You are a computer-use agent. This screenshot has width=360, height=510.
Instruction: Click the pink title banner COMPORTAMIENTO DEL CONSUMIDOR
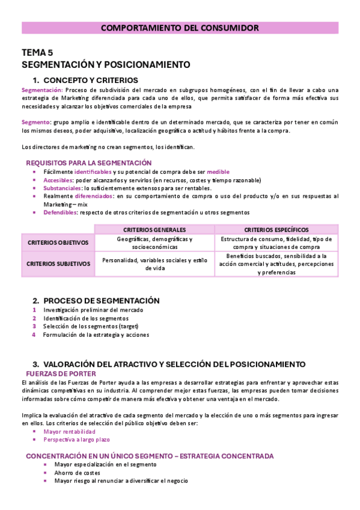[180, 28]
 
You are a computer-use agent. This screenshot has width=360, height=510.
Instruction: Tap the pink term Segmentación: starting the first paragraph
[38, 90]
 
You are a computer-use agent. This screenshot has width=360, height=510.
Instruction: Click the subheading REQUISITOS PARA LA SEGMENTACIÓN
[88, 163]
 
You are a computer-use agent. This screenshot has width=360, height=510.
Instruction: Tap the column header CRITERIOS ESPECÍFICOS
[276, 230]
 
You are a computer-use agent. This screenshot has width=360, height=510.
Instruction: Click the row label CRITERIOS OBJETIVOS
[58, 243]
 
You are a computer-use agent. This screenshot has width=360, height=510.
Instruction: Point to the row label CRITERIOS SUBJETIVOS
[58, 263]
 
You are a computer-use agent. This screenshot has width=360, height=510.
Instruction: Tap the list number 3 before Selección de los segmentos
[35, 326]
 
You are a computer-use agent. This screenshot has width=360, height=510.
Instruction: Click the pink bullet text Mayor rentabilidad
[69, 432]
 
